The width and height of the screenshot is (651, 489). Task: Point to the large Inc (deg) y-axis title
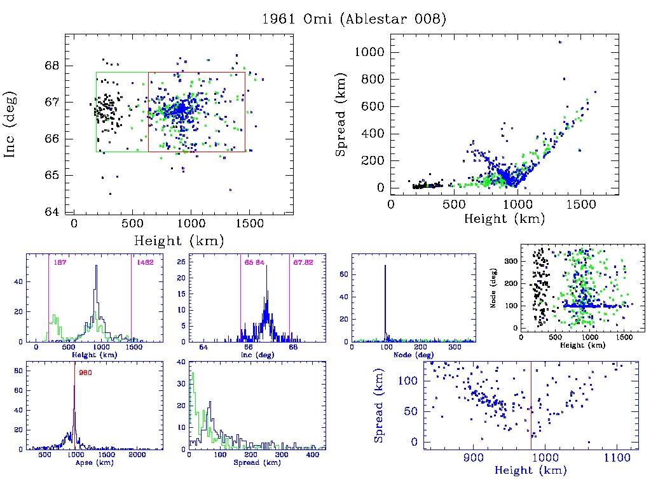coord(11,124)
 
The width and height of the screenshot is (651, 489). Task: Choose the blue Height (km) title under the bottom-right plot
coord(531,471)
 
